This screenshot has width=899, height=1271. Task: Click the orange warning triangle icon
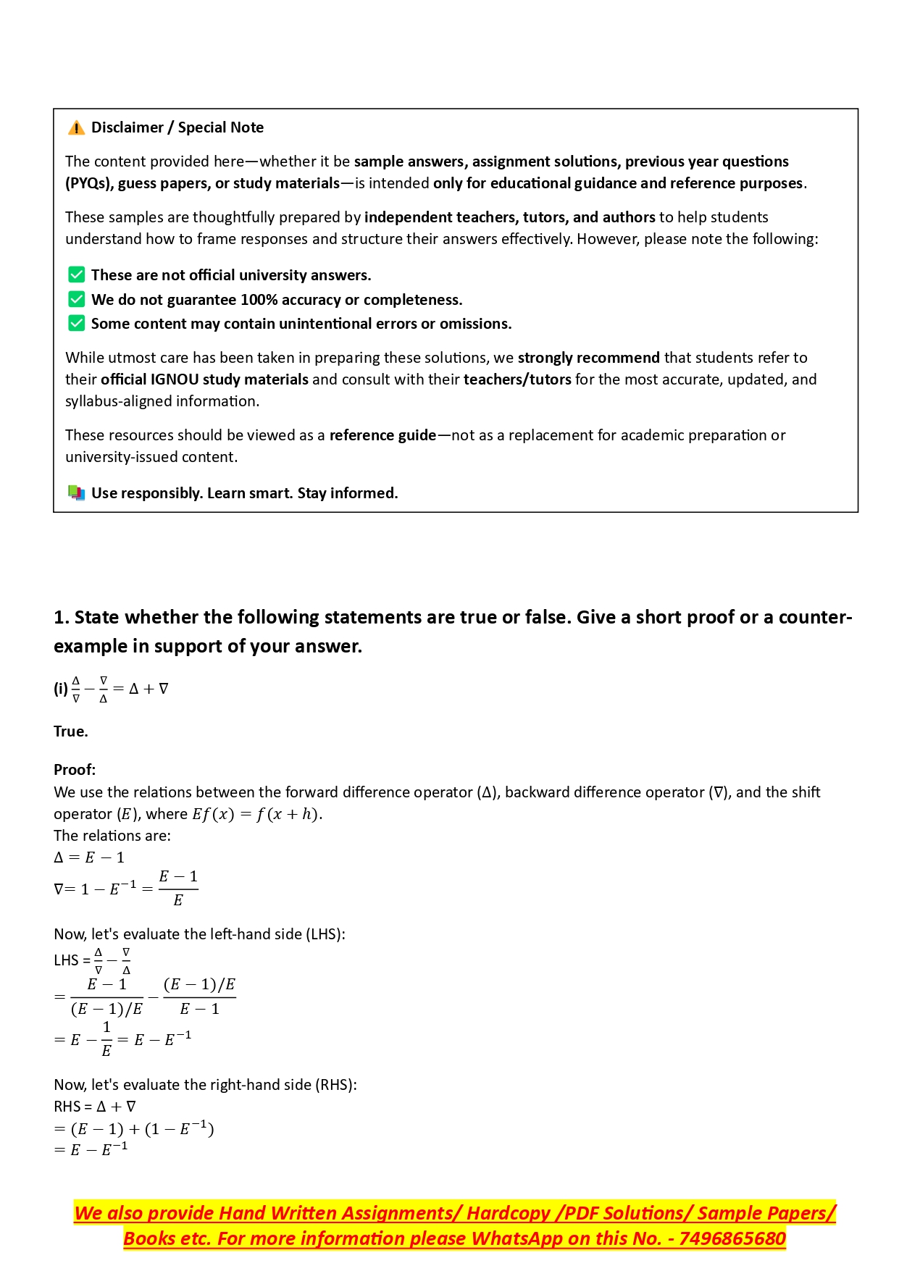point(76,128)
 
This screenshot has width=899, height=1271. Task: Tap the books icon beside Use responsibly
point(76,493)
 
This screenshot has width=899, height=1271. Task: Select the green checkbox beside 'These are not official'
point(76,275)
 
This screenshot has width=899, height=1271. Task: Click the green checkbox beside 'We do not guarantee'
point(76,299)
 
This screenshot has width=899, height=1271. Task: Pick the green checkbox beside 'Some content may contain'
point(76,323)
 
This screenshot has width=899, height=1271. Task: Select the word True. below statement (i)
point(71,731)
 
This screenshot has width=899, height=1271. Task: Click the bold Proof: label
point(75,769)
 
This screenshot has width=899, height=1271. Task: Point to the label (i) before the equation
point(61,689)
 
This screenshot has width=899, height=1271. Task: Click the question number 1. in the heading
point(62,617)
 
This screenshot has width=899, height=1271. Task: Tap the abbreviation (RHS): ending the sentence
point(335,1085)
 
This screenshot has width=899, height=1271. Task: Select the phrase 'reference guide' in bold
point(382,435)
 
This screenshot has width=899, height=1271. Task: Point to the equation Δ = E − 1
point(89,857)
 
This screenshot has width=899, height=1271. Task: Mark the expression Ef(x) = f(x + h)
point(256,814)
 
